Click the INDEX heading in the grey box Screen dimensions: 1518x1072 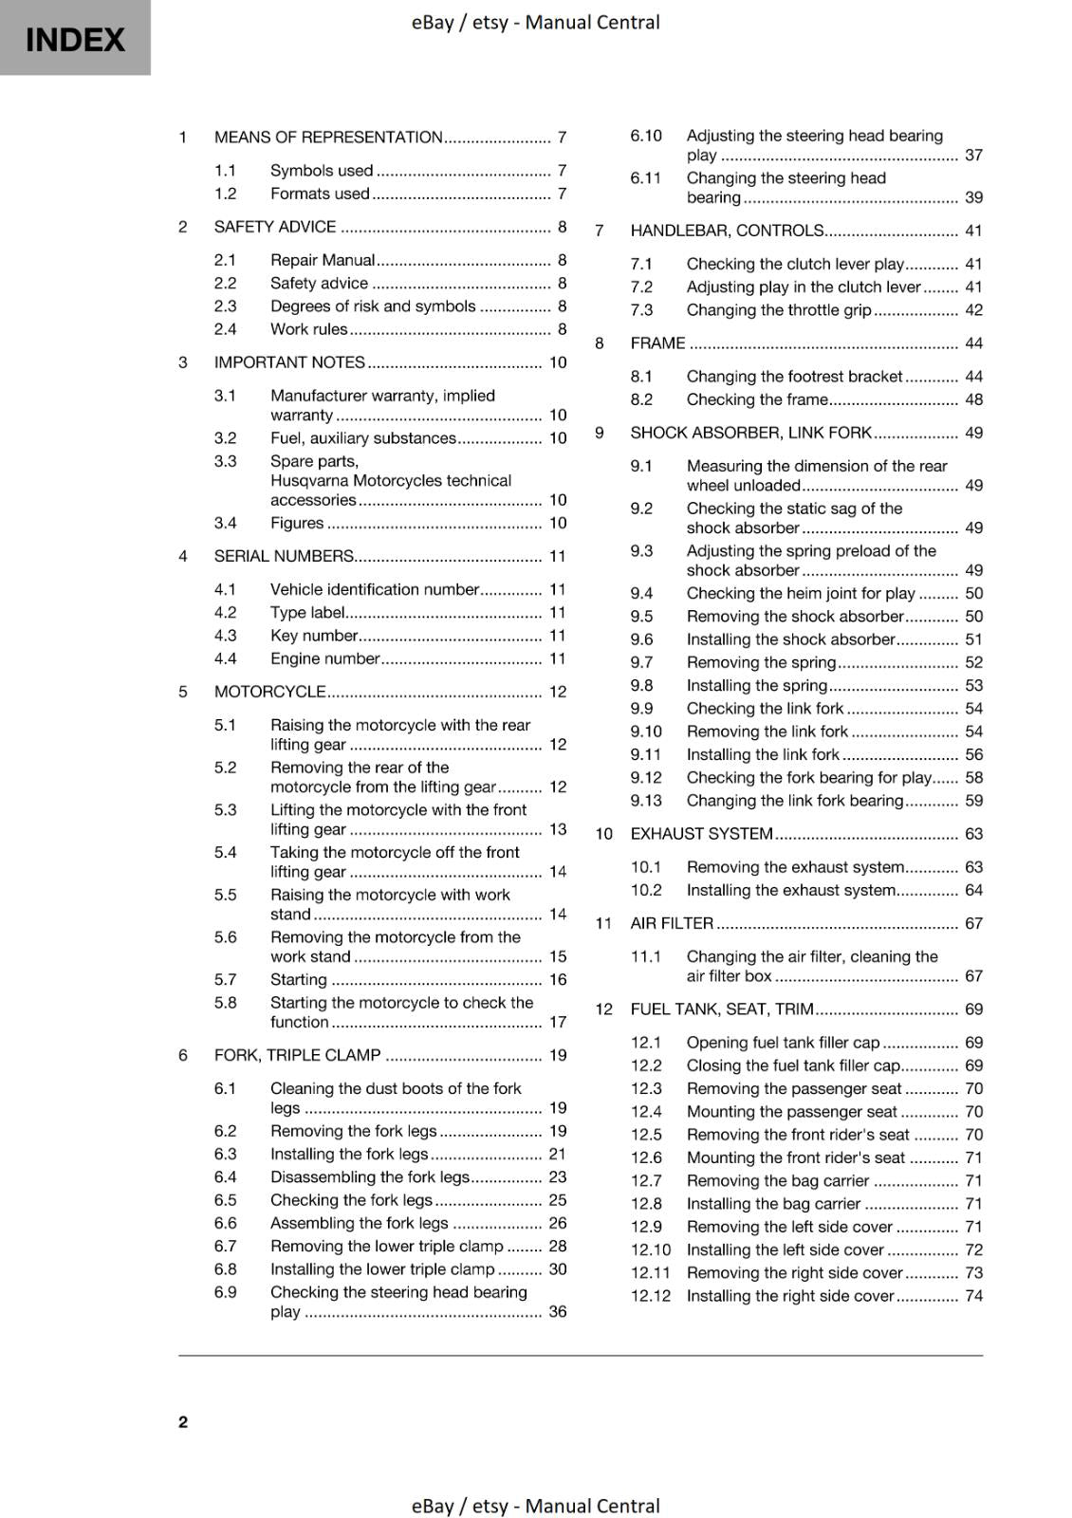(x=75, y=40)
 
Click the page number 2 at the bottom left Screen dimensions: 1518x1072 (x=183, y=1421)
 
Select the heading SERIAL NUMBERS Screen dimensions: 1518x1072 (x=284, y=556)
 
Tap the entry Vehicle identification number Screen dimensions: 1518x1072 (x=374, y=589)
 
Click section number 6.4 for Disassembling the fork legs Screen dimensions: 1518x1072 (x=225, y=1176)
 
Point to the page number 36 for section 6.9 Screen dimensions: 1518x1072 (x=558, y=1311)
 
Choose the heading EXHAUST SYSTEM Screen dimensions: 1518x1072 (x=701, y=834)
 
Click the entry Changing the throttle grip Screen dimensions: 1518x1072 (x=778, y=310)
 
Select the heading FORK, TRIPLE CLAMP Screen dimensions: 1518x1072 (x=297, y=1055)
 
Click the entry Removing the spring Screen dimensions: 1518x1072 (x=761, y=662)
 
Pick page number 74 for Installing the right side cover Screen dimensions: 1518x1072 (x=973, y=1296)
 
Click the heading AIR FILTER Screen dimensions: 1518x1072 (x=672, y=923)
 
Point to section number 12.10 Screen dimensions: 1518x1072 (x=650, y=1250)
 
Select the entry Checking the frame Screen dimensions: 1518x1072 (x=757, y=399)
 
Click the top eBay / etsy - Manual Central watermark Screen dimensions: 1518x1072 (x=535, y=22)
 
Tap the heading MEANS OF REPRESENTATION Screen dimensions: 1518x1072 (x=328, y=137)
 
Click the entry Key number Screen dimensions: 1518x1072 (x=314, y=636)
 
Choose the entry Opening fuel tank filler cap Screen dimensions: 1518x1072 (x=783, y=1043)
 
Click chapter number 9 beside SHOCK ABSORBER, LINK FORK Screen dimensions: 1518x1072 (x=600, y=433)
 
